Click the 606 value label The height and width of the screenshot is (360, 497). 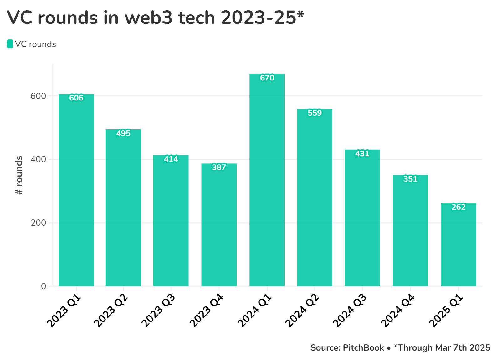tap(76, 98)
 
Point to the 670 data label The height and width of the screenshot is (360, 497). tap(267, 78)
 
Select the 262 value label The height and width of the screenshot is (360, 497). tap(458, 207)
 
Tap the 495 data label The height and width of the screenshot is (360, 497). tap(123, 133)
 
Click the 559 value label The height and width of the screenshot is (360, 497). tap(315, 113)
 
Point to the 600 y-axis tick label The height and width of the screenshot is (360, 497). tap(38, 96)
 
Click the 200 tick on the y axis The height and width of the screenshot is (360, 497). tap(38, 223)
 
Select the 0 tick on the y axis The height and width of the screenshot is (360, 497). tap(44, 286)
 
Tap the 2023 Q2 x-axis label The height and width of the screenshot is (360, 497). tap(111, 311)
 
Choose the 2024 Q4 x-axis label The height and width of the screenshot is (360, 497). tap(398, 311)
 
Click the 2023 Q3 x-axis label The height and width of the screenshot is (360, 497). tap(158, 311)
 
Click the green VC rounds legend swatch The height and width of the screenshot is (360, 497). tap(10, 44)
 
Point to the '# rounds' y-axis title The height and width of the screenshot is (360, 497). tap(19, 175)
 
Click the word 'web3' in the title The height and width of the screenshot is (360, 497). tap(149, 18)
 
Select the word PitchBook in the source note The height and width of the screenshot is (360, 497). tap(363, 348)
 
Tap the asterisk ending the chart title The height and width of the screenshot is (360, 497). tap(300, 14)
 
